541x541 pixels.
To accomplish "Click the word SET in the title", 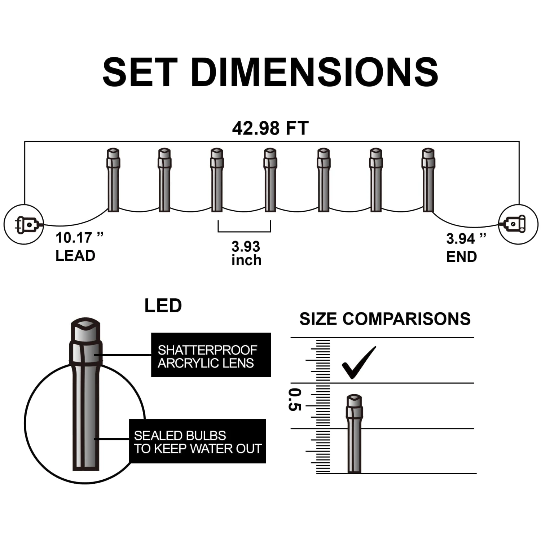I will click(x=140, y=72).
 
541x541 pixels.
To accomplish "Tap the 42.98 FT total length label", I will click(x=270, y=128).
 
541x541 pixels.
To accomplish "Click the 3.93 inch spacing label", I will click(x=246, y=253).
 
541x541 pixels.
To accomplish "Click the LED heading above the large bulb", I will click(x=163, y=306).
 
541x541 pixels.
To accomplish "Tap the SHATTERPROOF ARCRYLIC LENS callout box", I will click(x=211, y=355).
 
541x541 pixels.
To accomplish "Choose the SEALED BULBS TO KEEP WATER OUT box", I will click(x=198, y=441).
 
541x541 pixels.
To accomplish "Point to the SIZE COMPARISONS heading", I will click(x=385, y=319).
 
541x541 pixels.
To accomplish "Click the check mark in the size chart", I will click(x=359, y=363).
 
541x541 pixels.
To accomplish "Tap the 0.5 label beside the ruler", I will click(x=295, y=400).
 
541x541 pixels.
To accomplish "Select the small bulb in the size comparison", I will click(x=354, y=433).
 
